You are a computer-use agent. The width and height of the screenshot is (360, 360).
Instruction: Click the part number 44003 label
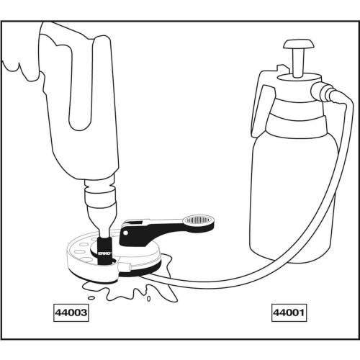[x=71, y=312]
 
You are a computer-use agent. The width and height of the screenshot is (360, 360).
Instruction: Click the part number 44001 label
[x=289, y=312]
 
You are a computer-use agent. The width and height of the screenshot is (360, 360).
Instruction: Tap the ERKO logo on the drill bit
[x=104, y=253]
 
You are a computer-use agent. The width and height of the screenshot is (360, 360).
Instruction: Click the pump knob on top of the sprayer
[x=299, y=45]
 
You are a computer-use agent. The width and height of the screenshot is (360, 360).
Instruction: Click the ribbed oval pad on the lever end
[x=199, y=220]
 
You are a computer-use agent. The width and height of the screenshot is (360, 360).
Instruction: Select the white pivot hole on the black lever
[x=125, y=233]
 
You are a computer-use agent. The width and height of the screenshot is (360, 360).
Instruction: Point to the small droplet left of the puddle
[x=91, y=298]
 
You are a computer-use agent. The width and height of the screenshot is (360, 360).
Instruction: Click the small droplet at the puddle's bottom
[x=148, y=299]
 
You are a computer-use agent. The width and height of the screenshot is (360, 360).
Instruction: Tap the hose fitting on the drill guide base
[x=125, y=266]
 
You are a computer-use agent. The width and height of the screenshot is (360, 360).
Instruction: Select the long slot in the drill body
[x=81, y=84]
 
